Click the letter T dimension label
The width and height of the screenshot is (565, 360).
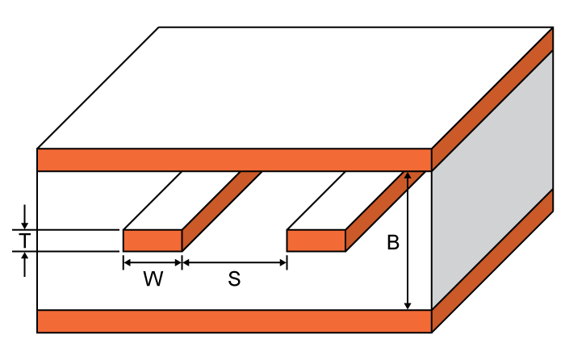pos(24,241)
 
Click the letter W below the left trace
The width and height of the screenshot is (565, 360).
pos(153,278)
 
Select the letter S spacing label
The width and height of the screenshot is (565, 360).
pos(234,279)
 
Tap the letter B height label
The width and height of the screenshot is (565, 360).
pos(393,242)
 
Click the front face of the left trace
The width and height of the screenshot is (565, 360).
pos(153,241)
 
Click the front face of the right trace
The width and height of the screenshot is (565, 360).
pos(316,241)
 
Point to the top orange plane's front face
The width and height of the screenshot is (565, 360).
pos(234,160)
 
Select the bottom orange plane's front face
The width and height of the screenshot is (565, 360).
pos(234,321)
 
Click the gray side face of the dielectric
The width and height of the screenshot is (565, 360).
pos(492,179)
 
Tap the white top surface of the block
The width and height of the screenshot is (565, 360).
pos(295,87)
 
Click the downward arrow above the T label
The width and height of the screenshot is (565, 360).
pos(24,217)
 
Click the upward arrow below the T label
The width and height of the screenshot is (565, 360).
pos(24,264)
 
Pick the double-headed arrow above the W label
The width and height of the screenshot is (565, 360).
pos(153,262)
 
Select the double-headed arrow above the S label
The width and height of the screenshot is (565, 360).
pos(234,262)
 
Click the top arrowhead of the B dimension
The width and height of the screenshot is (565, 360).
pos(408,175)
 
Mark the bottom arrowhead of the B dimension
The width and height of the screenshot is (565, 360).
pos(408,306)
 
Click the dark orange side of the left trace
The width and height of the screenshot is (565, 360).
pos(222,211)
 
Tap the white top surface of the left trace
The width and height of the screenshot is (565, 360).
pos(182,200)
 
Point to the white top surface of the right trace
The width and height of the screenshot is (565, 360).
pos(345,200)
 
